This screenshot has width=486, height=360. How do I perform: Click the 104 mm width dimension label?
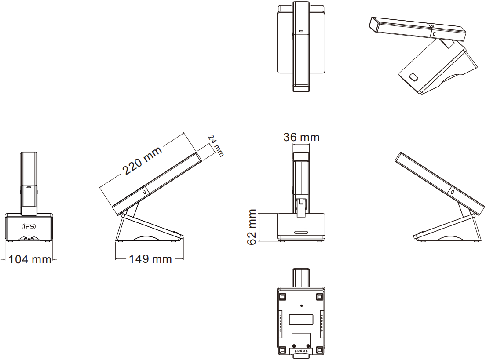(30, 259)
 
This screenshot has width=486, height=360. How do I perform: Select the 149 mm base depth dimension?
(150, 259)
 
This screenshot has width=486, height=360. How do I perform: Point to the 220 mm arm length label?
(142, 160)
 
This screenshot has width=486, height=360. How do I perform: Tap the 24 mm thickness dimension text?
(216, 145)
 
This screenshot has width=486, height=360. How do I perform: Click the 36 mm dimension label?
(301, 137)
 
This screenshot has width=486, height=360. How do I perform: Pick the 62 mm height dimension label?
(252, 227)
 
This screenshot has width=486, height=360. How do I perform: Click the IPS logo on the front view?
(29, 226)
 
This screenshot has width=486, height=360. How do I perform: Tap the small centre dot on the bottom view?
(302, 306)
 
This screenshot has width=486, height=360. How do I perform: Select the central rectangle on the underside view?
(301, 320)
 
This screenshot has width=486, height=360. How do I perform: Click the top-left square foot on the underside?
(282, 297)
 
